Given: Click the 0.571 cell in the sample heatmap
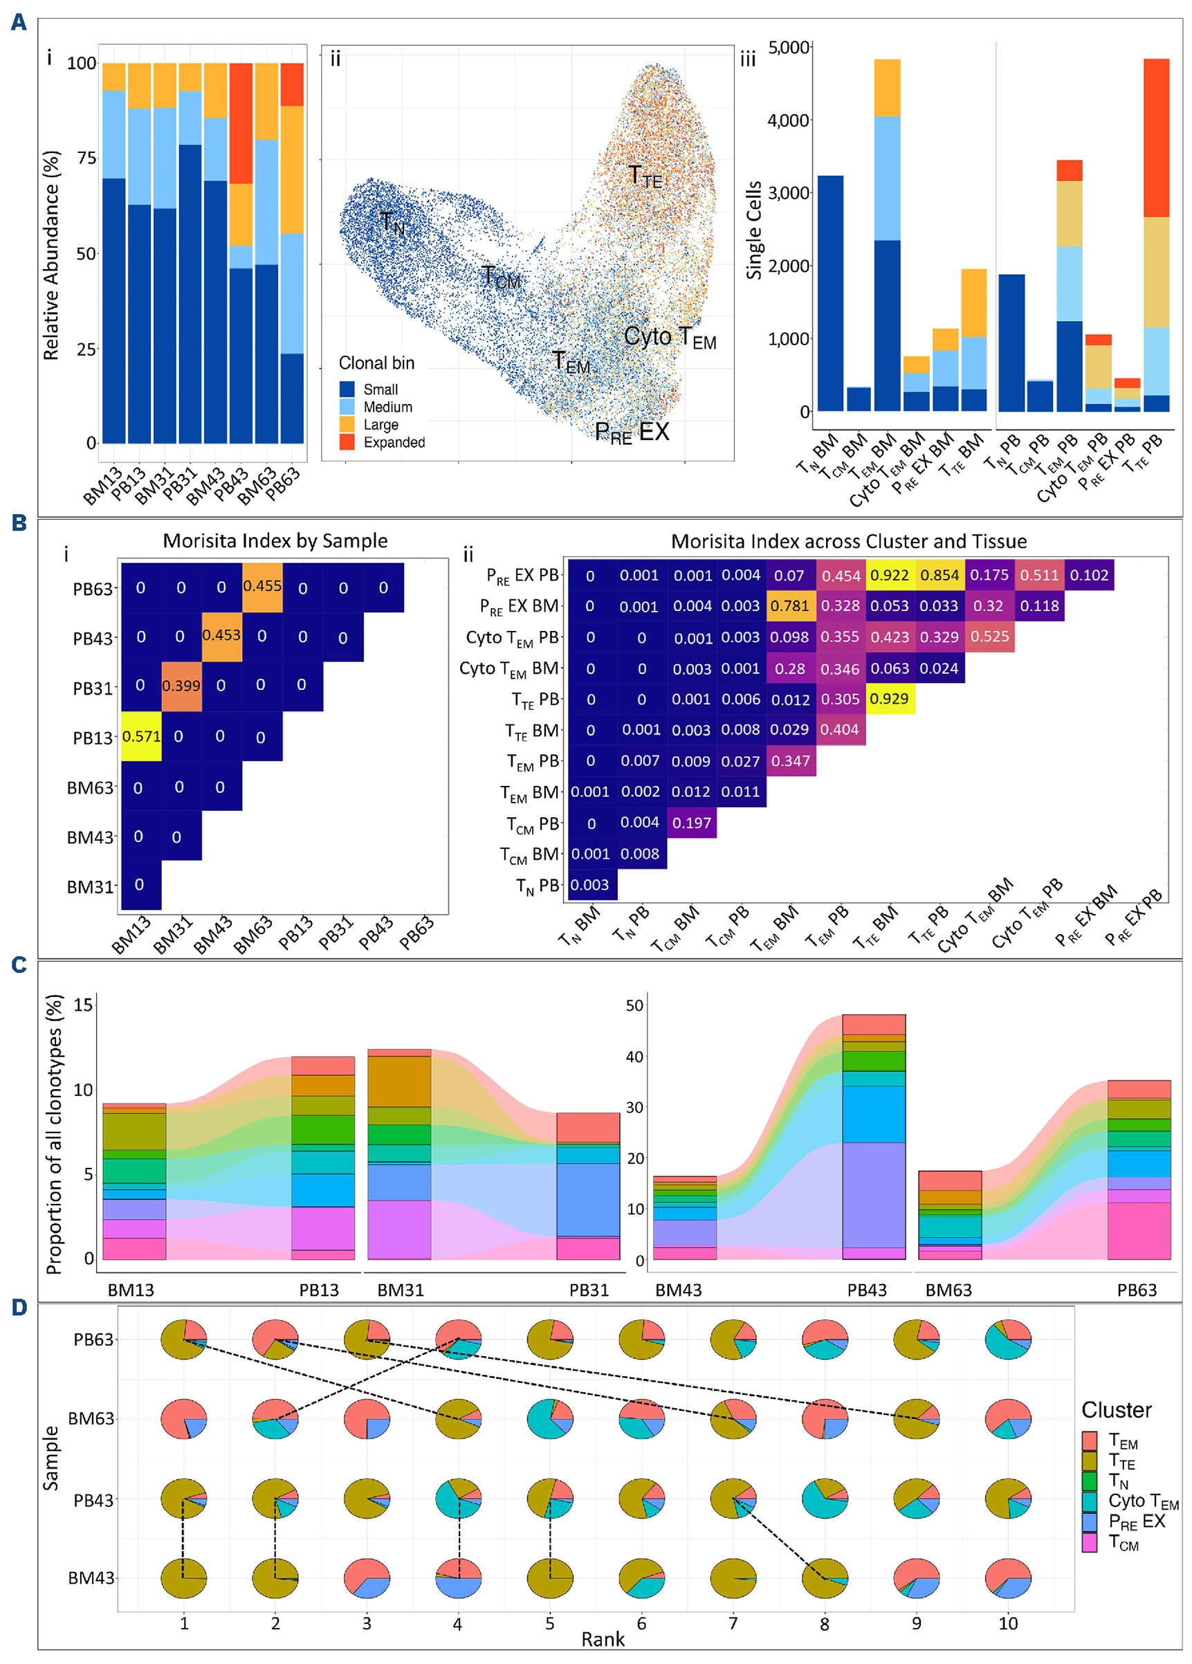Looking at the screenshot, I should click(x=141, y=736).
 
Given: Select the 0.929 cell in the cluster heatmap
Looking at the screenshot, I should click(x=889, y=699).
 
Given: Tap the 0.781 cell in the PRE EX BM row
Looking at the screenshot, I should click(x=789, y=606).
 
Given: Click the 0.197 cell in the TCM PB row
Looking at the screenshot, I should click(x=691, y=823).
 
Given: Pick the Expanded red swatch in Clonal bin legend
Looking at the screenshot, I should click(x=347, y=441).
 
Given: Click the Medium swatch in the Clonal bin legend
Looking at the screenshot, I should click(x=347, y=406).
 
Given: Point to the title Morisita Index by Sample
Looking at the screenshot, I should click(x=275, y=541).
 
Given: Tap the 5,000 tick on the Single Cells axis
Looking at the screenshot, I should click(x=788, y=48).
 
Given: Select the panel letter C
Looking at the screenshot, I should click(x=19, y=964).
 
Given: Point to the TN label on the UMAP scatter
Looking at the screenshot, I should click(x=392, y=221).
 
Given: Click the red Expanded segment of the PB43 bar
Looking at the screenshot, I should click(x=241, y=122).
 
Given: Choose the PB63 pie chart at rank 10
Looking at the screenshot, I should click(x=1008, y=1339).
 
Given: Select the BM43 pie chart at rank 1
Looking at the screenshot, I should click(x=183, y=1578).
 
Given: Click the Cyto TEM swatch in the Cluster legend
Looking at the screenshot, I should click(x=1090, y=1501).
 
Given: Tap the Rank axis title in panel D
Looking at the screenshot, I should click(x=603, y=1639).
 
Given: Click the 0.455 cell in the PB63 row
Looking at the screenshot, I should click(x=262, y=586).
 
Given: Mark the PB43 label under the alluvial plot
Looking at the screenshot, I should click(x=866, y=1290).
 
